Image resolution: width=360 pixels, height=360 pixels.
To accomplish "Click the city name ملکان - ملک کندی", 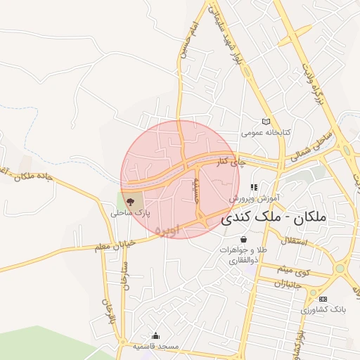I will (274, 219).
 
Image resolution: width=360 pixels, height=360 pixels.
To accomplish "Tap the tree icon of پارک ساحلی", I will (131, 202).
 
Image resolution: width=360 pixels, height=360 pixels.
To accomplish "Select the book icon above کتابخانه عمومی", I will (266, 122).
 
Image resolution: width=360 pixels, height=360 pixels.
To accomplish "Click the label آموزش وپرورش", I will (255, 198).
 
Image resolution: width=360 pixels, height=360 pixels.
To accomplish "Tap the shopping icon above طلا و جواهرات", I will (243, 240).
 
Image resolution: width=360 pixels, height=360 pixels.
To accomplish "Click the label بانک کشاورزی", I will (323, 309).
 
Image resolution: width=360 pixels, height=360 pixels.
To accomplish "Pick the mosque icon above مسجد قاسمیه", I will (155, 336).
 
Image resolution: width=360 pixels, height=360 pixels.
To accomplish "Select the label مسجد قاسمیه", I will (155, 347).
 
